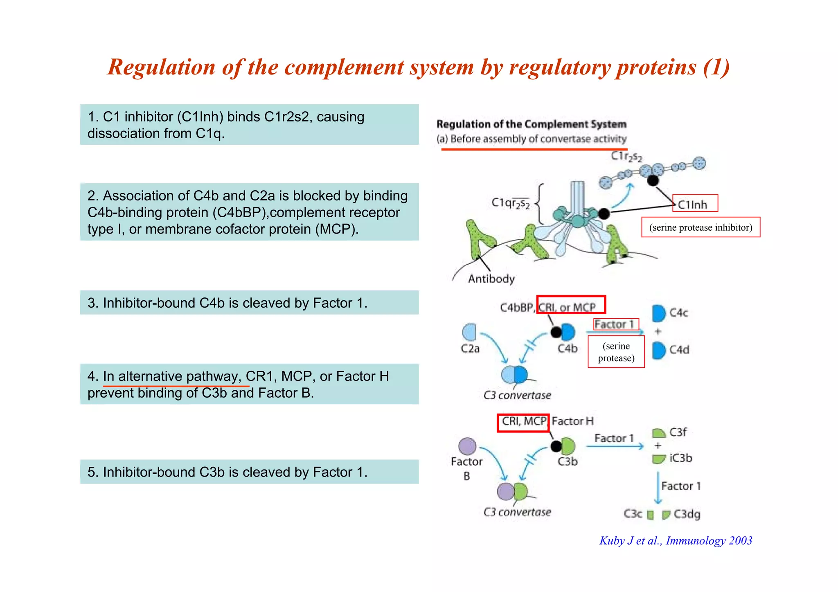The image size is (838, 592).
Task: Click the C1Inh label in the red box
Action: tap(694, 204)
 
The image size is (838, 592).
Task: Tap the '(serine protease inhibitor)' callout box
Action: tap(701, 227)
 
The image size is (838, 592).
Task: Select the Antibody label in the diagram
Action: tap(491, 279)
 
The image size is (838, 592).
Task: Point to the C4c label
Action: tap(679, 313)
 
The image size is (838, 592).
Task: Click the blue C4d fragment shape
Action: tap(658, 350)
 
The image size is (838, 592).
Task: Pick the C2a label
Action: tap(470, 349)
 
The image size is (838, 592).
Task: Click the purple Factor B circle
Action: tap(467, 446)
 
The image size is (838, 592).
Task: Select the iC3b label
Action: tap(681, 458)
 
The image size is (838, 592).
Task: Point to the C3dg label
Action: tap(687, 514)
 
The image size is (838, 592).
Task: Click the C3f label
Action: tap(678, 432)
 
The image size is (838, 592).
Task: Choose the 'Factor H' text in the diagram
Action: tap(572, 421)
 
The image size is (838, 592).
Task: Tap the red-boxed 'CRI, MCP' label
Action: tap(523, 422)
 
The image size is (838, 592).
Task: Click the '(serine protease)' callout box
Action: tap(616, 352)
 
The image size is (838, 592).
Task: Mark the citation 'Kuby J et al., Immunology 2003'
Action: tap(676, 541)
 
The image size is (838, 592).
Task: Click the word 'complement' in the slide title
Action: tap(344, 67)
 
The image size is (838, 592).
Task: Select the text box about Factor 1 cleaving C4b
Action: tap(249, 303)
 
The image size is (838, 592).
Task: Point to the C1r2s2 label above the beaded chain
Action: tap(626, 156)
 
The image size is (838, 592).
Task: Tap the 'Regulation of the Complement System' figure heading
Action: tap(531, 124)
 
